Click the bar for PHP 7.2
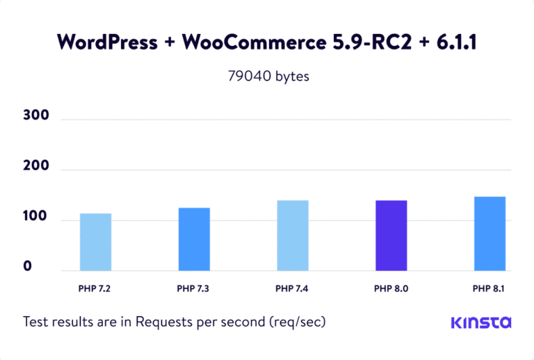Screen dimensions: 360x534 click(95, 242)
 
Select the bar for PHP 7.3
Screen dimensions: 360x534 click(194, 239)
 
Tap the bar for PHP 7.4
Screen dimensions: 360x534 click(293, 236)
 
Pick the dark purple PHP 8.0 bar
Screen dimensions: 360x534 click(391, 236)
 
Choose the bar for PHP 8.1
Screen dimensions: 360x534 click(489, 234)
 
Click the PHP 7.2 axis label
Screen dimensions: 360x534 click(95, 288)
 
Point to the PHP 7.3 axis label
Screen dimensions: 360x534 click(194, 288)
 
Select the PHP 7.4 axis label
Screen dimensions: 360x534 click(292, 288)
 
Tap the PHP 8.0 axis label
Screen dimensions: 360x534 click(391, 288)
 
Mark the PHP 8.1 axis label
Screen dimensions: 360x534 click(489, 288)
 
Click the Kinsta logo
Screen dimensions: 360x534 click(481, 322)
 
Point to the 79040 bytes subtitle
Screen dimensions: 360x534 click(268, 76)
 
